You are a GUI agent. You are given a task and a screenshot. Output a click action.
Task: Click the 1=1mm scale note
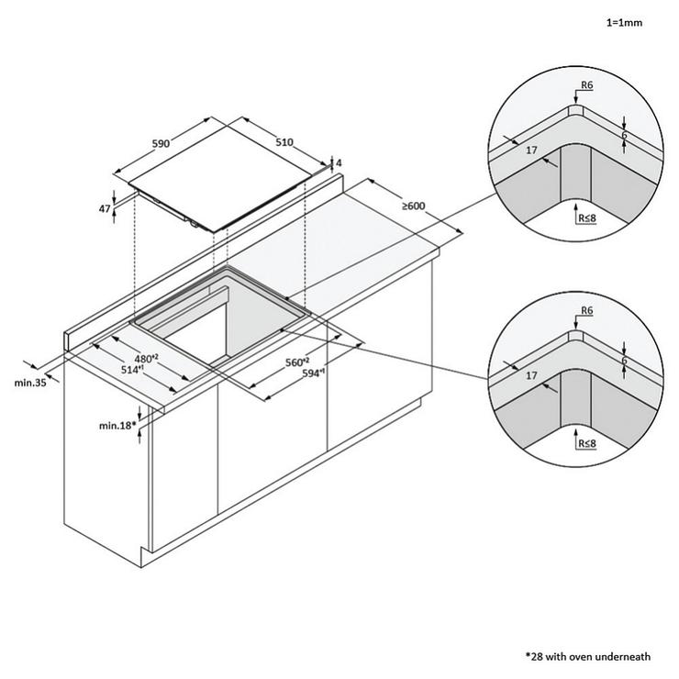pyautogui.click(x=624, y=23)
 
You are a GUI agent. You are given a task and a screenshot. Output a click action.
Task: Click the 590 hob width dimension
pyautogui.click(x=161, y=143)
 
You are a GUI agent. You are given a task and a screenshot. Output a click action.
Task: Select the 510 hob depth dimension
pyautogui.click(x=284, y=142)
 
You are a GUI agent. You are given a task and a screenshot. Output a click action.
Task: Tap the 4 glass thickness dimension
pyautogui.click(x=339, y=162)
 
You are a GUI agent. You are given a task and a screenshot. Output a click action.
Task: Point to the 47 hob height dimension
pyautogui.click(x=105, y=208)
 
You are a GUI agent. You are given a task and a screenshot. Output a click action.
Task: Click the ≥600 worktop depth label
pyautogui.click(x=414, y=206)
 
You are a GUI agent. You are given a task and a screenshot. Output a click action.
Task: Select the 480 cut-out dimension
pyautogui.click(x=146, y=359)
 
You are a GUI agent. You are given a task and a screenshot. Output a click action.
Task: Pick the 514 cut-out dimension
pyautogui.click(x=132, y=370)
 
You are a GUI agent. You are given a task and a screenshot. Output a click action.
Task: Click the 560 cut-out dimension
pyautogui.click(x=297, y=362)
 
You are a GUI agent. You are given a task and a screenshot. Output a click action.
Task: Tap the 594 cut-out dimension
pyautogui.click(x=314, y=373)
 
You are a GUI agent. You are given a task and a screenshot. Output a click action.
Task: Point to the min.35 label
pyautogui.click(x=30, y=383)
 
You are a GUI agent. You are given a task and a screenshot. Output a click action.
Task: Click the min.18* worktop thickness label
pyautogui.click(x=117, y=426)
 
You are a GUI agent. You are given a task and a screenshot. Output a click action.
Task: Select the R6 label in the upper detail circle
pyautogui.click(x=586, y=84)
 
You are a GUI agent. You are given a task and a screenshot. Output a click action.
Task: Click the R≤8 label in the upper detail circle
pyautogui.click(x=587, y=217)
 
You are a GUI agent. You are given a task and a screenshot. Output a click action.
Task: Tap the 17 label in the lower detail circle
pyautogui.click(x=531, y=375)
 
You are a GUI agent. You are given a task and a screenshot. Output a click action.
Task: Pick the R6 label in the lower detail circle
pyautogui.click(x=586, y=310)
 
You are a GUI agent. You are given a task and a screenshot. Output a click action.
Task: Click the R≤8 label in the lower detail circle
pyautogui.click(x=587, y=443)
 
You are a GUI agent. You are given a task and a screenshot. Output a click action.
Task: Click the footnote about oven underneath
pyautogui.click(x=588, y=657)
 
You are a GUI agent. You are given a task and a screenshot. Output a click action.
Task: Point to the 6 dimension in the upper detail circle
pyautogui.click(x=624, y=135)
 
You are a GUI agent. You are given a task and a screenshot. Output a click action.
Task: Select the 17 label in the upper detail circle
pyautogui.click(x=531, y=150)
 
